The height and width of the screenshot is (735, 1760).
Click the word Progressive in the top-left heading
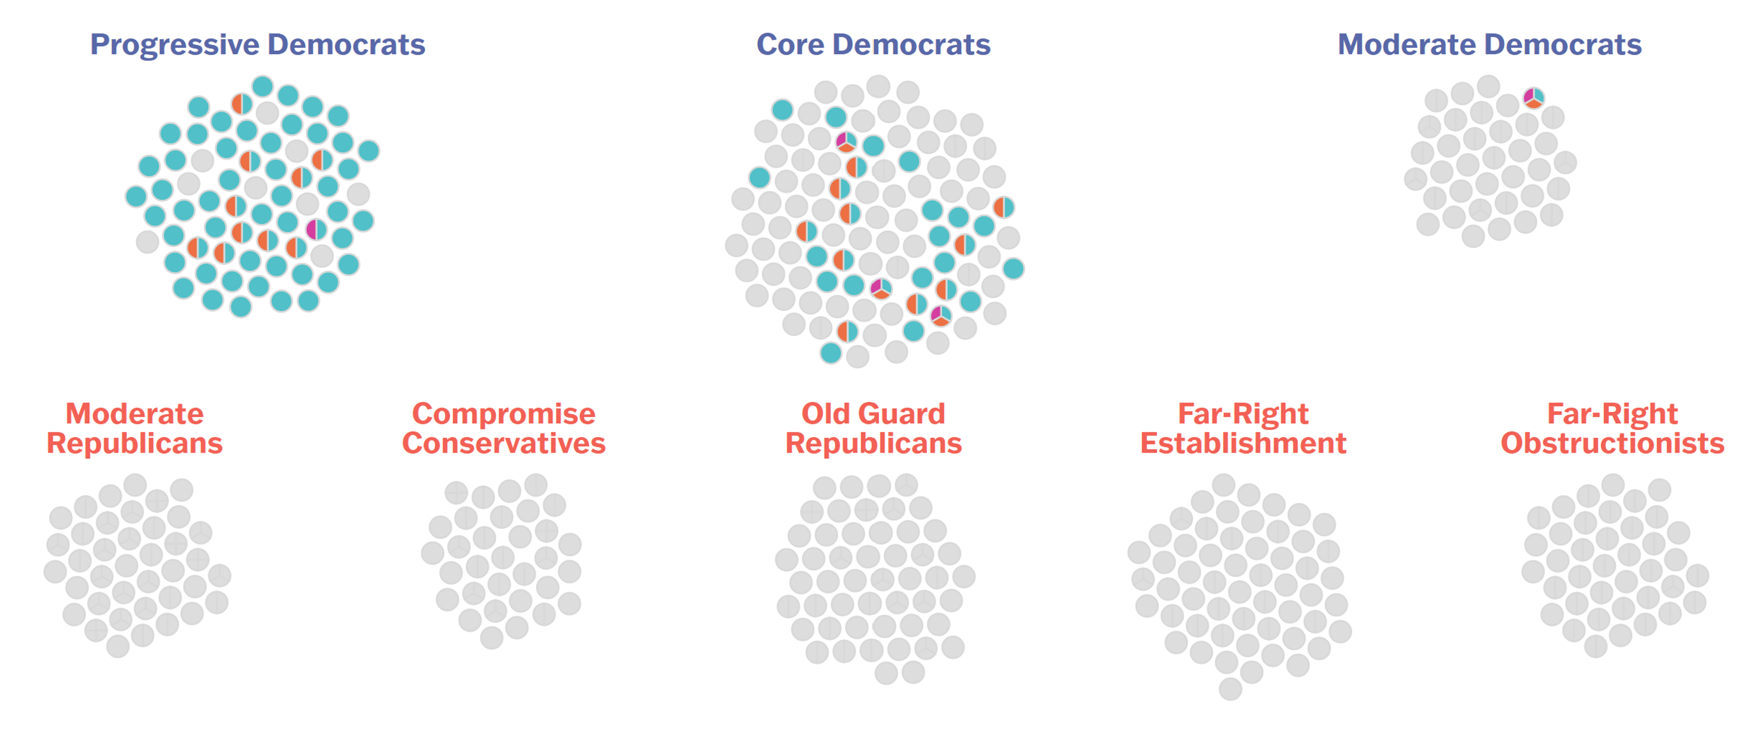[x=175, y=45]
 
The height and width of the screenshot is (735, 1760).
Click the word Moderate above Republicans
[x=135, y=414]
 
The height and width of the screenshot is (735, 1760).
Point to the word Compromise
[x=503, y=414]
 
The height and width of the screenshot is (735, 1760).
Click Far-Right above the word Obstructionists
[x=1612, y=414]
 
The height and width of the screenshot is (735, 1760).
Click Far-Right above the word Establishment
[x=1243, y=414]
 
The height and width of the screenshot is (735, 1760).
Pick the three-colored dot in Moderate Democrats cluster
[x=1533, y=97]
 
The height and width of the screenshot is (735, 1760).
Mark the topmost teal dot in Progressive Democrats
[x=262, y=87]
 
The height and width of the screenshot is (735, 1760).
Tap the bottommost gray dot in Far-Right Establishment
[x=1230, y=689]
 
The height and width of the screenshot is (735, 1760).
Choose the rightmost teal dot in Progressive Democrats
[x=368, y=150]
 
